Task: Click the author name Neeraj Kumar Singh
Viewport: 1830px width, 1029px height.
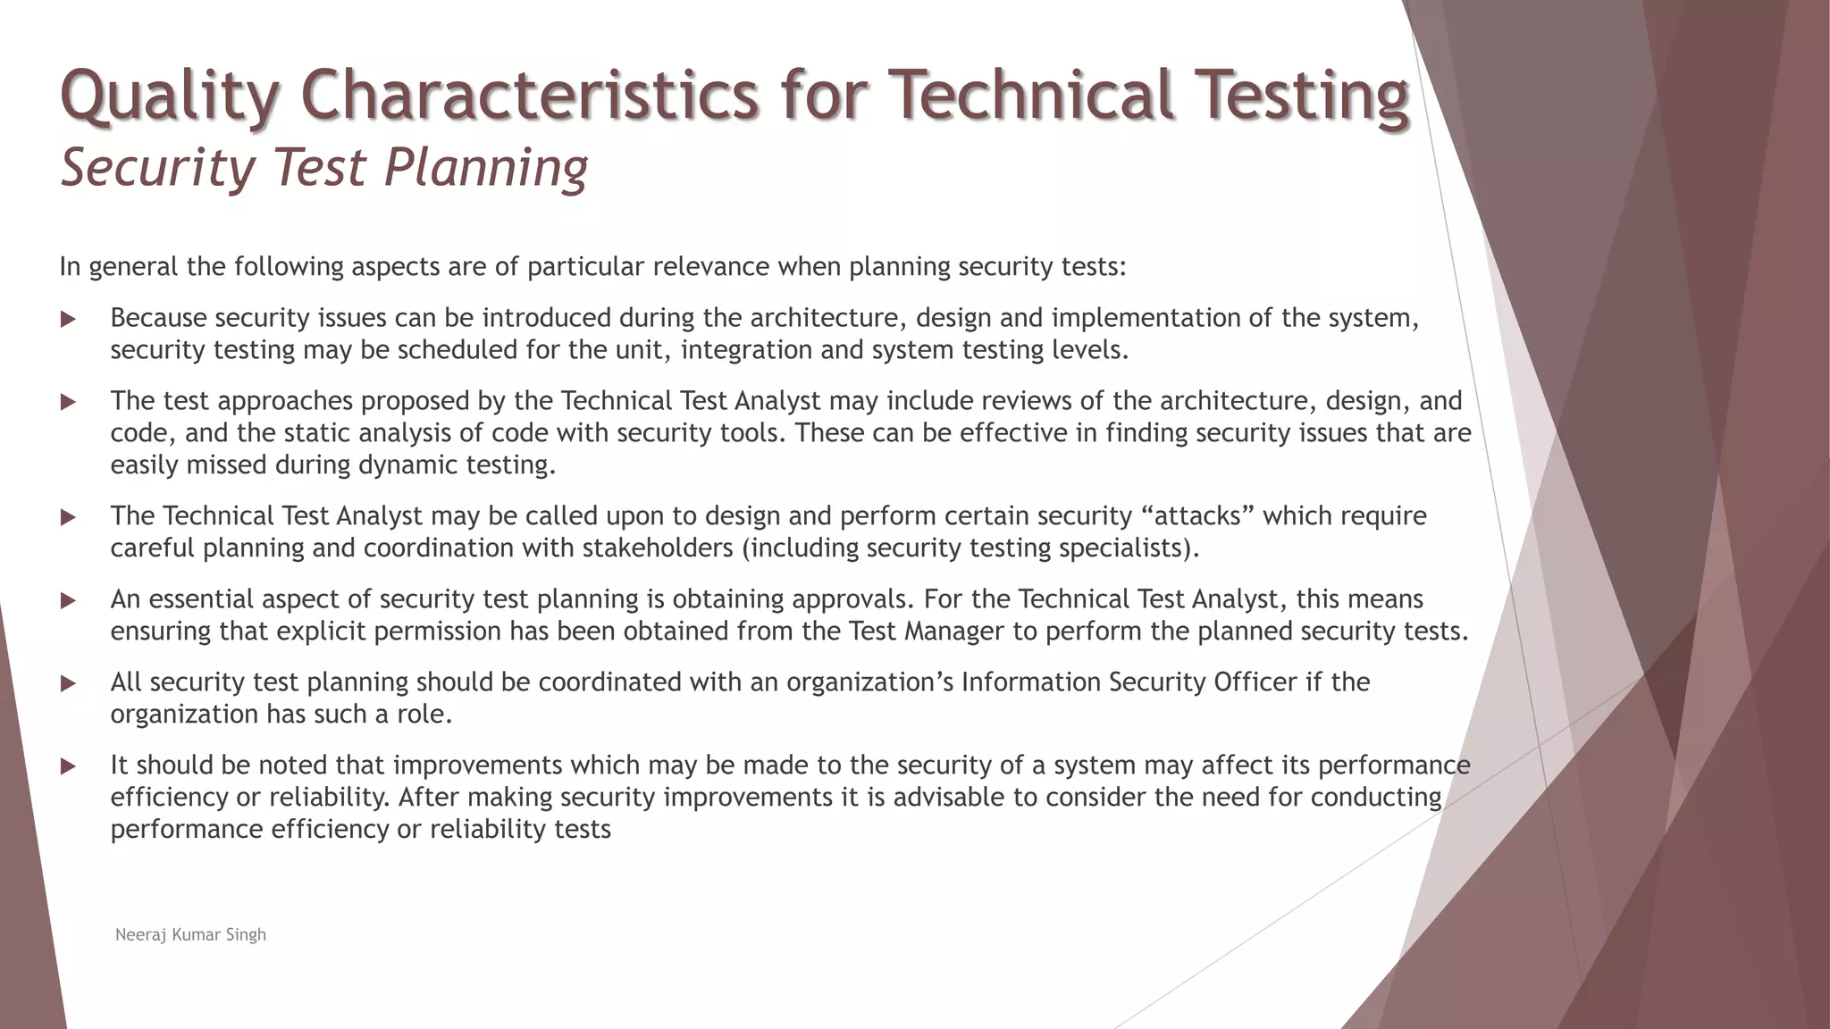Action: [x=190, y=934]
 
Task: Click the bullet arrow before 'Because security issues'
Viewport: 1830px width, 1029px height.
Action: [x=68, y=319]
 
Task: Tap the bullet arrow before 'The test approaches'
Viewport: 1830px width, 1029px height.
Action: [x=68, y=402]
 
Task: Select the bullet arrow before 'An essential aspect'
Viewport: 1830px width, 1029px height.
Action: [x=68, y=600]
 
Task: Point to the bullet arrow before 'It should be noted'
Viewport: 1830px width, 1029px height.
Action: [x=68, y=766]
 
